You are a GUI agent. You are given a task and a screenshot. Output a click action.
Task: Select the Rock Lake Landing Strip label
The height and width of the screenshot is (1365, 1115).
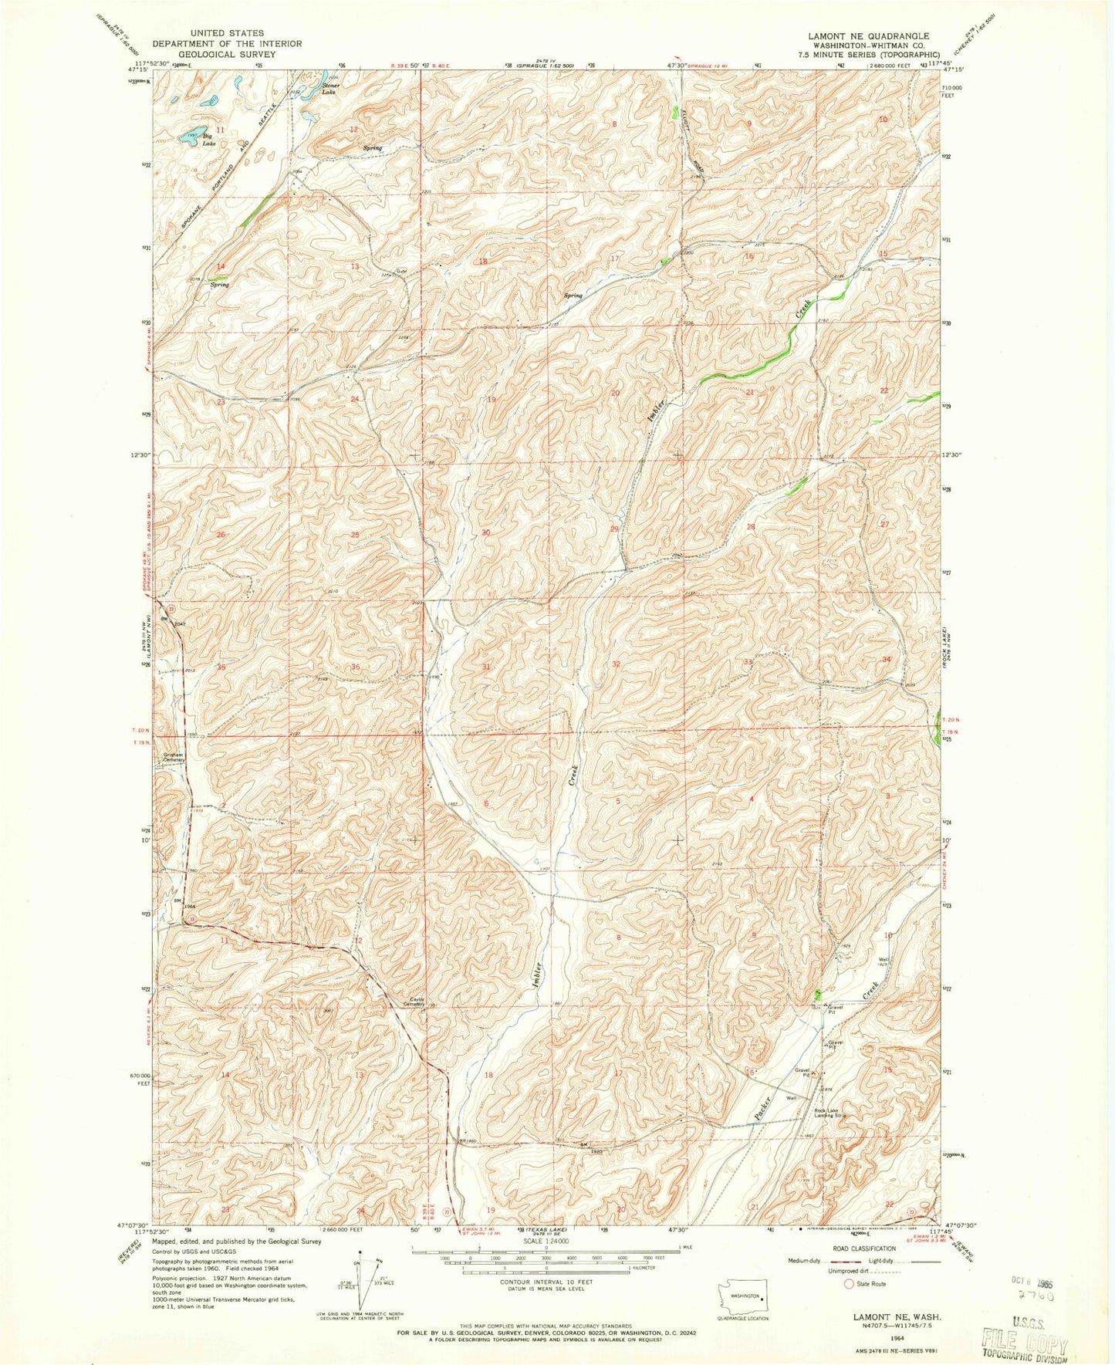coord(830,1113)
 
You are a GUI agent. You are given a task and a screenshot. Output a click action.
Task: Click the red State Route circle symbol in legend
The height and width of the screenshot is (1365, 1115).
coord(850,1284)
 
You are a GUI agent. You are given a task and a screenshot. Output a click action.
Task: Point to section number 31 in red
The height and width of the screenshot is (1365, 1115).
coord(486,666)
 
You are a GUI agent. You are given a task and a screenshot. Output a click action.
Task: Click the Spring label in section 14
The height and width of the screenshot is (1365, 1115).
coord(220,285)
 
